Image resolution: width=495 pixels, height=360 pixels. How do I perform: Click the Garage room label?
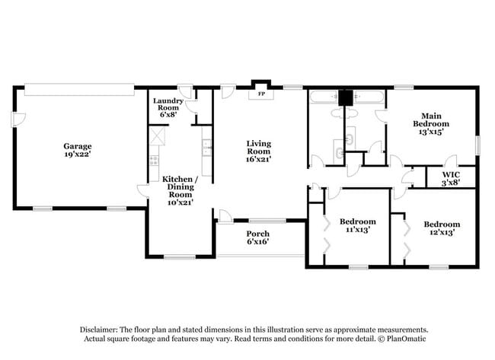pyautogui.click(x=78, y=146)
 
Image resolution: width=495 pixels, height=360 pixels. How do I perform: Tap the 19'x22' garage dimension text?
pyautogui.click(x=78, y=155)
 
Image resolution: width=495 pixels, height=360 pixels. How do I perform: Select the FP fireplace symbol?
pyautogui.click(x=261, y=94)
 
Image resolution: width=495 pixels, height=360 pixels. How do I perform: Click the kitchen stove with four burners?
pyautogui.click(x=153, y=161)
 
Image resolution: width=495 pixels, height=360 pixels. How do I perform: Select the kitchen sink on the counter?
pyautogui.click(x=206, y=148)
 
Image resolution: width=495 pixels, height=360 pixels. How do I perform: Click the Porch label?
pyautogui.click(x=257, y=234)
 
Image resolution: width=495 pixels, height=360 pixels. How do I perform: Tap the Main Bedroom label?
pyautogui.click(x=430, y=119)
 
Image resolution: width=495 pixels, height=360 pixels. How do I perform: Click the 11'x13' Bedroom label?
pyautogui.click(x=356, y=224)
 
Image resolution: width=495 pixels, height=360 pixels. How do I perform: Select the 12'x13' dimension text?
pyautogui.click(x=442, y=233)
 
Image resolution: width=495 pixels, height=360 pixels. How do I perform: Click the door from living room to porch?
pyautogui.click(x=225, y=216)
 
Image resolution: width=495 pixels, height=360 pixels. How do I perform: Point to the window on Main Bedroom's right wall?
pyautogui.click(x=479, y=145)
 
